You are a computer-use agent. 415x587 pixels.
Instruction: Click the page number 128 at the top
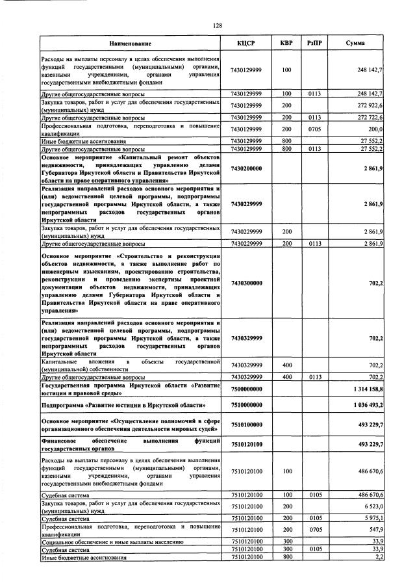click(x=218, y=25)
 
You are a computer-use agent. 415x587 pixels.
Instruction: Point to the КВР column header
click(x=286, y=44)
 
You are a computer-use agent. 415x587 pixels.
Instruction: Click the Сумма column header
click(x=355, y=44)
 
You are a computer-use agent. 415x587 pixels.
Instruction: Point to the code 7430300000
click(x=245, y=283)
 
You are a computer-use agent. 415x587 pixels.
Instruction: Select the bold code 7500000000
click(x=245, y=388)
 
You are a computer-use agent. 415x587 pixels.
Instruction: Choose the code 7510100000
click(x=245, y=424)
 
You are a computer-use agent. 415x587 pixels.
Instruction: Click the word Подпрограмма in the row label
click(x=64, y=405)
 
